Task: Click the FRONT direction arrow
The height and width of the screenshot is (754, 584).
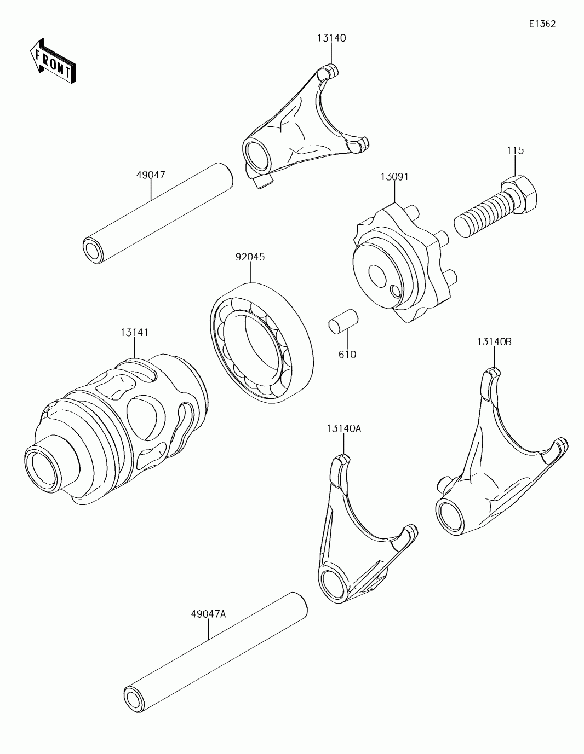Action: point(53,61)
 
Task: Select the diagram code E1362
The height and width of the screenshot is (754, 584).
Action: point(542,24)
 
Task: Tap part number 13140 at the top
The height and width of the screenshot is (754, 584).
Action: point(331,38)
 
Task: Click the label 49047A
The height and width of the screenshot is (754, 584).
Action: point(208,614)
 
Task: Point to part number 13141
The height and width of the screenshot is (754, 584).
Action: point(134,332)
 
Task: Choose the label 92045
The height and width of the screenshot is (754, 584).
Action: point(250,257)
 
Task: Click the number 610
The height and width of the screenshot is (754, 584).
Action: point(347,355)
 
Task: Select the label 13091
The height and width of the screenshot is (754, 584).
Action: point(394,177)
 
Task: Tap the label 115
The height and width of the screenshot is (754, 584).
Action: point(515,150)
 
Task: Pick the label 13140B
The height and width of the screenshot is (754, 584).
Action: point(494,341)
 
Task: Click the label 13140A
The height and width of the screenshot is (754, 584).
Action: point(343,429)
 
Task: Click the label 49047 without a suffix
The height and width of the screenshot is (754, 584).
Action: point(151,175)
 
